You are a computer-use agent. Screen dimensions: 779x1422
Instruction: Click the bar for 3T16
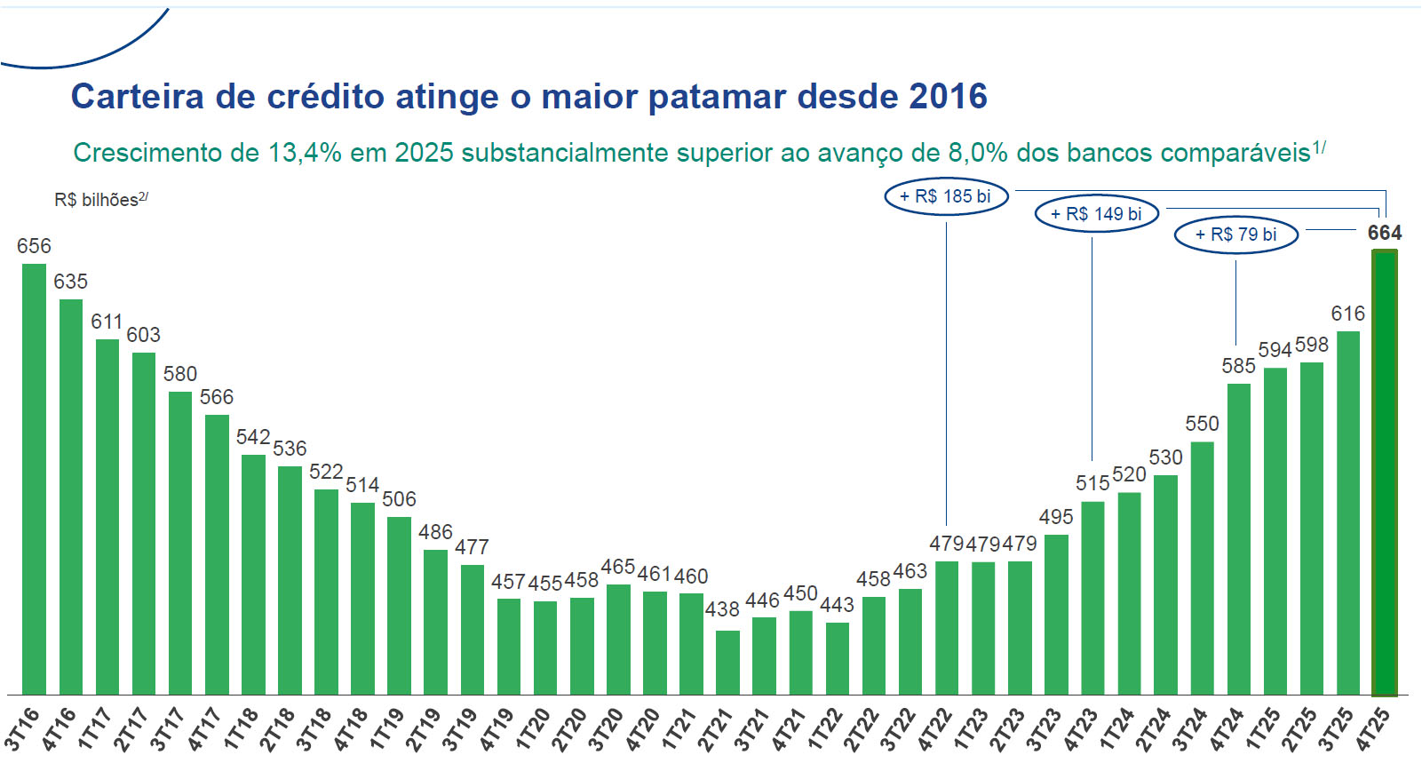coord(34,480)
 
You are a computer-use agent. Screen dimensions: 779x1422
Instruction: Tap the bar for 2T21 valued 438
coord(727,663)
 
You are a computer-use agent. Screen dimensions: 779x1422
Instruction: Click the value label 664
coord(1384,233)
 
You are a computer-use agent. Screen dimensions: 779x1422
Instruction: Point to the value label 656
coord(34,246)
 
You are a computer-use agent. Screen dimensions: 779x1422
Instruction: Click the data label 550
coord(1202,424)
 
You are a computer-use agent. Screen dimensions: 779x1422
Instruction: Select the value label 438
coord(722,609)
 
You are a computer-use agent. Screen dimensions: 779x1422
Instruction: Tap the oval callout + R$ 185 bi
coord(946,196)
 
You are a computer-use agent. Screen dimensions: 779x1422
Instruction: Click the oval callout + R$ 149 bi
coord(1097,214)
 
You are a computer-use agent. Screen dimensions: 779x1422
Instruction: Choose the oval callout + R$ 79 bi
coord(1235,234)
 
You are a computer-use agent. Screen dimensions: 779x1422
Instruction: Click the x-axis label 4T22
coord(935,730)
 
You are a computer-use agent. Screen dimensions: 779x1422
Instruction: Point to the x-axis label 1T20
coord(533,730)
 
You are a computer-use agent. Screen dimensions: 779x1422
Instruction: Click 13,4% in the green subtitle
coord(305,153)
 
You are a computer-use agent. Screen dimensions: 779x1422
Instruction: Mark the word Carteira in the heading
coord(138,96)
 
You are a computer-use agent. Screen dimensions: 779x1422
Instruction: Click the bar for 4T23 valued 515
coord(1092,598)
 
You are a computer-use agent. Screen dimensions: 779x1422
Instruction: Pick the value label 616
coord(1347,314)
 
